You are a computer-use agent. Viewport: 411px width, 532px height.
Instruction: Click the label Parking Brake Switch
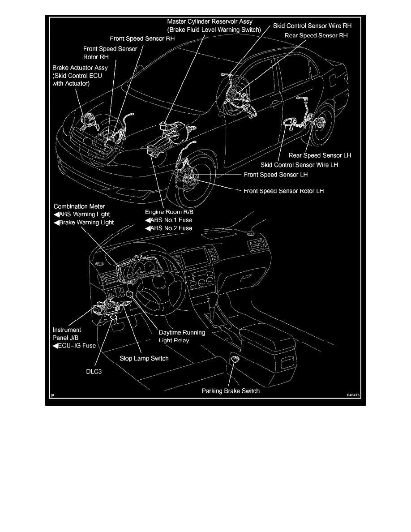(231, 390)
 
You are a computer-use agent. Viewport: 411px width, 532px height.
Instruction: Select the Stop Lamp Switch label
(144, 358)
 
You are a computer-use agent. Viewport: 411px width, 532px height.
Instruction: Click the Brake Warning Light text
(86, 222)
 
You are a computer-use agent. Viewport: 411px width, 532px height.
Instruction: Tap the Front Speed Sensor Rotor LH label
(283, 191)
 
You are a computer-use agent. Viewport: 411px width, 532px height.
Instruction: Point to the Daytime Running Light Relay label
(182, 336)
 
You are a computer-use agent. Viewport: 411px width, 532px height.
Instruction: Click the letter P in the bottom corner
(52, 395)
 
